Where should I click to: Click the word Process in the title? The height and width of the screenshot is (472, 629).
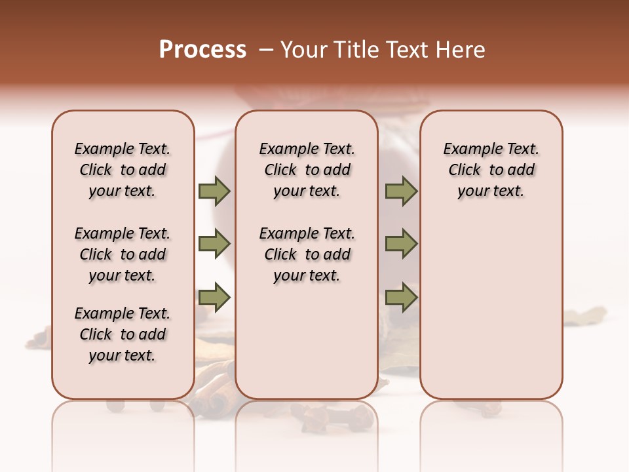coord(202,50)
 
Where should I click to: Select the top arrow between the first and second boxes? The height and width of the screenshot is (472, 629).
coord(214,191)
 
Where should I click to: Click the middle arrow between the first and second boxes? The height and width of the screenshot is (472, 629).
coord(214,245)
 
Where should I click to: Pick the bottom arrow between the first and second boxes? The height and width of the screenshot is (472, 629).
coord(214,298)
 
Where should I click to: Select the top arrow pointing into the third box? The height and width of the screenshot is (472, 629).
coord(401,191)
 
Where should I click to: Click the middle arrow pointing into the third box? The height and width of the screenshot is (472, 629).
coord(401,245)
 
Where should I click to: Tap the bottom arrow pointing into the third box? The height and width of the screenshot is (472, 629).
coord(401,298)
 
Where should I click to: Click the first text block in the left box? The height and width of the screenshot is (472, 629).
coord(122,170)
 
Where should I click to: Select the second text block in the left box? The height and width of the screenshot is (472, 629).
coord(122,254)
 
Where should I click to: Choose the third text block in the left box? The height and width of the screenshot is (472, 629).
coord(122,334)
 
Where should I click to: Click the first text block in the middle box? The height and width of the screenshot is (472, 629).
coord(307,170)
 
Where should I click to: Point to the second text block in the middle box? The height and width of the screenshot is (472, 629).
coord(307,254)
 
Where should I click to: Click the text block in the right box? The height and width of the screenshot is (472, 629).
coord(491,170)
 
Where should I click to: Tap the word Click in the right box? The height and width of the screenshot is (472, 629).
coord(465,170)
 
